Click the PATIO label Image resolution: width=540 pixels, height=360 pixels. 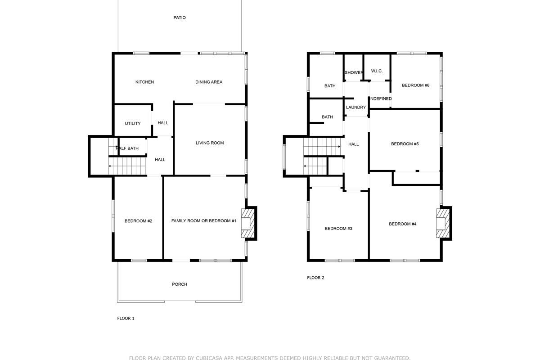(x=180, y=18)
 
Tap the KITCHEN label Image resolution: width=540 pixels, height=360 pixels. (x=144, y=82)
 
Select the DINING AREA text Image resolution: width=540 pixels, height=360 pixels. (x=209, y=82)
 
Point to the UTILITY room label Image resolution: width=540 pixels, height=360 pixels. (x=133, y=123)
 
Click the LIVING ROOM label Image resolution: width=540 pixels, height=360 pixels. (x=210, y=143)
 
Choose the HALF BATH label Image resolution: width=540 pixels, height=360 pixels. (x=127, y=148)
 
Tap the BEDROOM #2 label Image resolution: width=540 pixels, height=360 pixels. (x=139, y=221)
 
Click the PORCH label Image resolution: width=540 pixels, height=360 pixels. (x=180, y=284)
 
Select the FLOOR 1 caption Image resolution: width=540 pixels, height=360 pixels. (x=126, y=318)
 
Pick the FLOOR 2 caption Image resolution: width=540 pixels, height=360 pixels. (x=315, y=278)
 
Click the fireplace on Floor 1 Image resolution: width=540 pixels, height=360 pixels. (x=248, y=223)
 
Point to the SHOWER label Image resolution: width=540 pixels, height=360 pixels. (x=354, y=72)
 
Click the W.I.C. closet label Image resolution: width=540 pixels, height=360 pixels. (x=377, y=71)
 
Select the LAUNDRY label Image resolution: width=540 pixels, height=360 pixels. (x=356, y=107)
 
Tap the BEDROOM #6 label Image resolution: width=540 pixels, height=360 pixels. (x=416, y=85)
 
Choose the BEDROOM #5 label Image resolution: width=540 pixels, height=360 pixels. (x=405, y=144)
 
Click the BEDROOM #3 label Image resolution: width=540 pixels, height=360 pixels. (x=338, y=229)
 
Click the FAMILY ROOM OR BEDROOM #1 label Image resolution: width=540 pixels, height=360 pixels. (x=204, y=221)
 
